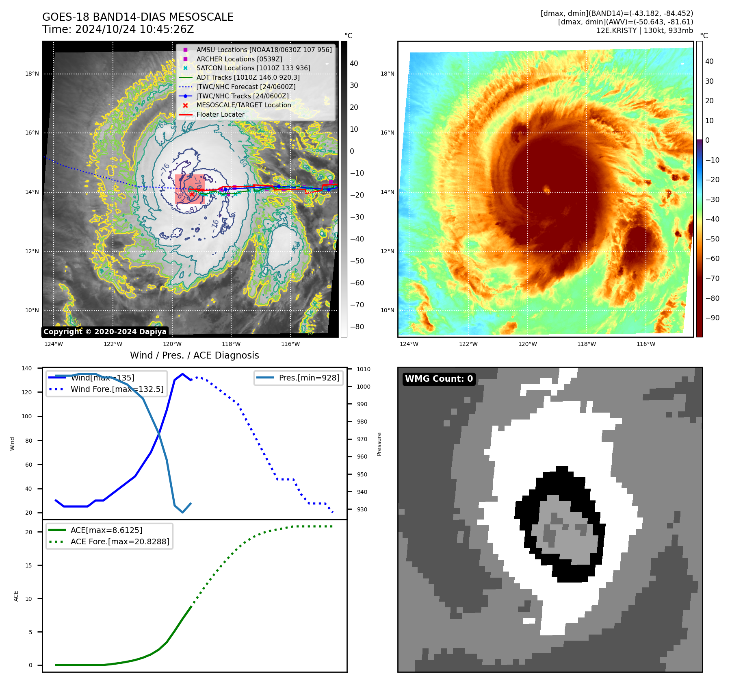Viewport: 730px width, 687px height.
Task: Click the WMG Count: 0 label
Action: (439, 379)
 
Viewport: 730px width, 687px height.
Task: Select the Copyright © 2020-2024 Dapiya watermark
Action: (105, 332)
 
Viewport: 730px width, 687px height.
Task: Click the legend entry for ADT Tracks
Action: (248, 77)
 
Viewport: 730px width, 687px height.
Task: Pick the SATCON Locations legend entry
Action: (253, 68)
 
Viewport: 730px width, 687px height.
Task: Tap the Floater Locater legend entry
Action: (220, 115)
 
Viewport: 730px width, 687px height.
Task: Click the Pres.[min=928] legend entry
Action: (309, 378)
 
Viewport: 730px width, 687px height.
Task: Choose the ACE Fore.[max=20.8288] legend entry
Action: (119, 541)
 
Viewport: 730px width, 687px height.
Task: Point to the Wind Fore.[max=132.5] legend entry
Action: (117, 389)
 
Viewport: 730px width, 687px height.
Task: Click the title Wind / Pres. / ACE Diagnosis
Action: (194, 355)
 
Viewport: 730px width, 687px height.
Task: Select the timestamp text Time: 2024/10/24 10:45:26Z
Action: (118, 30)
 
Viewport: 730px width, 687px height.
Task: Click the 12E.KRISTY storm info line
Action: (644, 30)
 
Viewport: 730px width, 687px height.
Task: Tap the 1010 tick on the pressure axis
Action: (364, 369)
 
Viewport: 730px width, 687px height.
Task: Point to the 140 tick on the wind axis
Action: (27, 368)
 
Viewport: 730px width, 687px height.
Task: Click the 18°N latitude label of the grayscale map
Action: (32, 74)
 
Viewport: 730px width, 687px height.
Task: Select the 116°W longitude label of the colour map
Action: (646, 344)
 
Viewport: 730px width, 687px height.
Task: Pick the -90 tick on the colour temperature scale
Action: (712, 318)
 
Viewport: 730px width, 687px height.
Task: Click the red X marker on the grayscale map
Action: (192, 194)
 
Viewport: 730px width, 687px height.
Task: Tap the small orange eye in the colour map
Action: (547, 189)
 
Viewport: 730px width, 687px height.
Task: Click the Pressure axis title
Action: (379, 444)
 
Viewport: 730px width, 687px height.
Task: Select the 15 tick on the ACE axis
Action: (28, 565)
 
